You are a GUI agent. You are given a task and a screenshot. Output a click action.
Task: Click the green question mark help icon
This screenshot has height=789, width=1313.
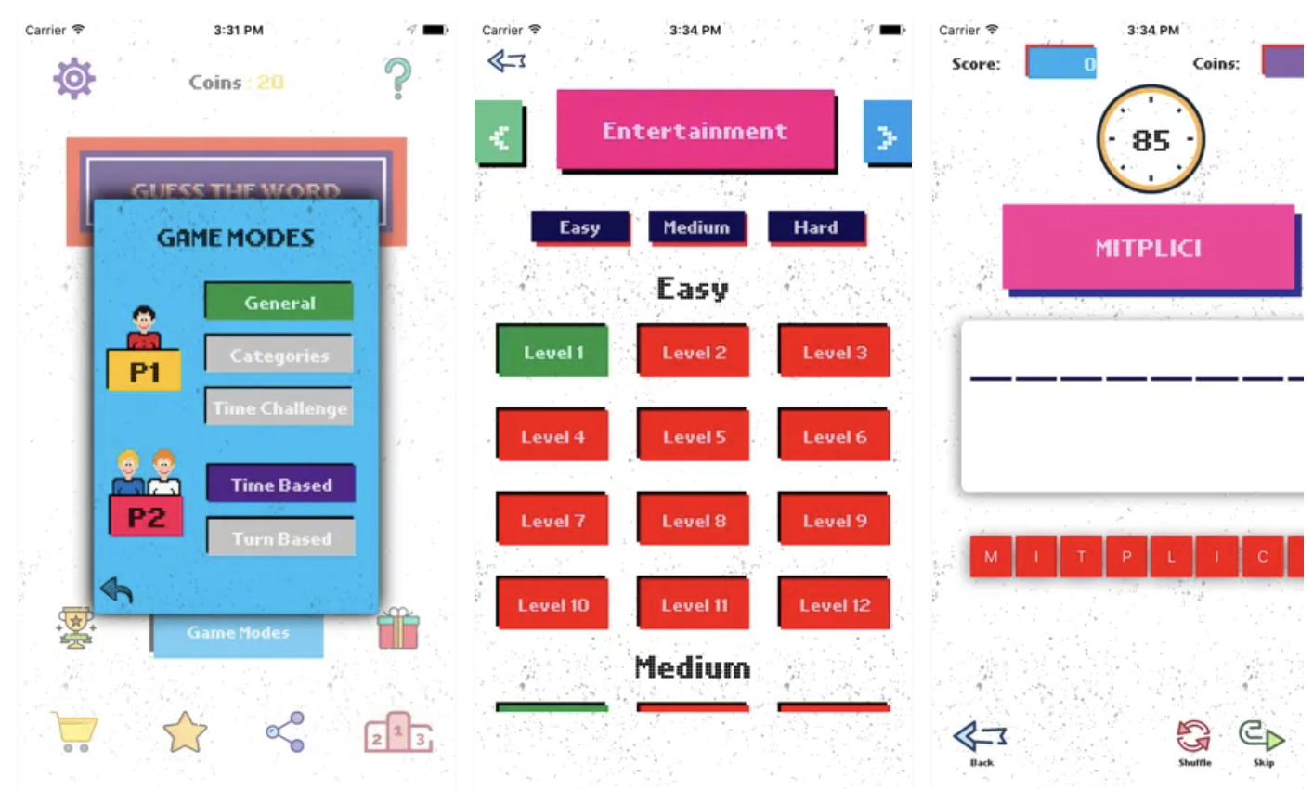coord(397,78)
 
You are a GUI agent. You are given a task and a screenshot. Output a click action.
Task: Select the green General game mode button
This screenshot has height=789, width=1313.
coord(279,302)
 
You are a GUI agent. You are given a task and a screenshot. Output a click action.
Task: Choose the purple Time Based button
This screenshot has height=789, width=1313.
coord(280,485)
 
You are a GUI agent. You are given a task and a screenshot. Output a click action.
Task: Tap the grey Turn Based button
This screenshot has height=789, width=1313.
coord(280,538)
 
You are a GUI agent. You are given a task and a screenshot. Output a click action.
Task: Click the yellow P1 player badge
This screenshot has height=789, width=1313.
coord(144,371)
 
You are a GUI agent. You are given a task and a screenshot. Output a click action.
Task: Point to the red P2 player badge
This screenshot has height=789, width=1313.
coord(146,517)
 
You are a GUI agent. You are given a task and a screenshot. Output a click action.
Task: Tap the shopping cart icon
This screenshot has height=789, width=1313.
coord(74,732)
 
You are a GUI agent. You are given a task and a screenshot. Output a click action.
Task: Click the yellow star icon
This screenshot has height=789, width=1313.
coord(185,732)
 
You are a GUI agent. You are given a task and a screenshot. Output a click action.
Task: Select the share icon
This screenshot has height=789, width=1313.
coord(285,732)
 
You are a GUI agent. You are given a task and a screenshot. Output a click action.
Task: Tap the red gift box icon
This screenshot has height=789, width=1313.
coord(398,628)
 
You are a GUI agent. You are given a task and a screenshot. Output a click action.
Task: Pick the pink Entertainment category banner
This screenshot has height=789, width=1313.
coord(695,131)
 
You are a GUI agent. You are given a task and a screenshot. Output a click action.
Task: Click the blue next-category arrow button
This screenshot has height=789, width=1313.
coord(887,136)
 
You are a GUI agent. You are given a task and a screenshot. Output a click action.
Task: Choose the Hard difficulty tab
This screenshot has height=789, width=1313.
coord(815,227)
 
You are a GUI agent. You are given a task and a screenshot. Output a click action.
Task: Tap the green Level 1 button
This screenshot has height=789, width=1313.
coord(552,352)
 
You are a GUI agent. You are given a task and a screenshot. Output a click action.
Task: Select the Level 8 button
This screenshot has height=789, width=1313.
coord(694,521)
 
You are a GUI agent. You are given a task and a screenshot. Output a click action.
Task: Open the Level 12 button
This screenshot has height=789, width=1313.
coord(834,605)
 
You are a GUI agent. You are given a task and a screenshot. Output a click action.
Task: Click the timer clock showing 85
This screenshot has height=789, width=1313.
coord(1150,140)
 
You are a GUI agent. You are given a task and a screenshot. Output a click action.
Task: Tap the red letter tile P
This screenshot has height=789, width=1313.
coord(1126,557)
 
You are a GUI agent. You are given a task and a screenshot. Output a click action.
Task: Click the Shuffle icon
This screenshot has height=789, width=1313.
coord(1194,740)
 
